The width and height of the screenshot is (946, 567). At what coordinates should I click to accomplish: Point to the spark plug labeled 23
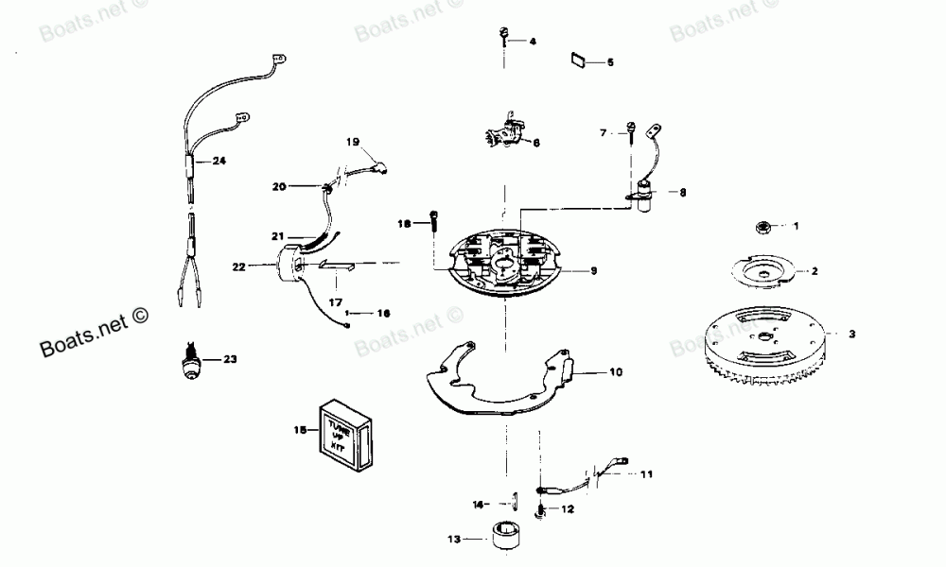pos(193,362)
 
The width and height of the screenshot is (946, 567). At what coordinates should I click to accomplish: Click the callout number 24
pos(219,161)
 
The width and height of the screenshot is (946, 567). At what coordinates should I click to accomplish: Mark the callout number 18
pos(405,224)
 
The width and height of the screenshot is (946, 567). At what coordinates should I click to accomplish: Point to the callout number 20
pos(279,187)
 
